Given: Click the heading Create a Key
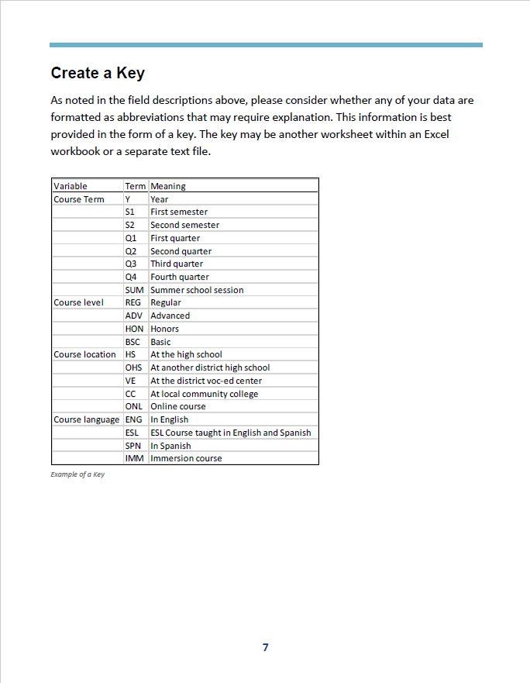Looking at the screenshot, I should (x=98, y=73).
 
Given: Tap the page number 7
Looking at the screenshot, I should (x=265, y=647).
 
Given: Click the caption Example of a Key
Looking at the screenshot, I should (x=77, y=474).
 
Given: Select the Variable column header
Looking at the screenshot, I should (x=71, y=186).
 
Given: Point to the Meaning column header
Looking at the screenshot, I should (x=168, y=186).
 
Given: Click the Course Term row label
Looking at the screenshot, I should (x=79, y=199).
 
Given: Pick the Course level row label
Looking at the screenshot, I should (x=79, y=302).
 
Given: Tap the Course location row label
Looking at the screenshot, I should (x=84, y=354).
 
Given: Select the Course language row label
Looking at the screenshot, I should (x=86, y=419).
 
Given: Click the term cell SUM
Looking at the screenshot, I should (x=134, y=290).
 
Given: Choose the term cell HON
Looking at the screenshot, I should (x=134, y=329).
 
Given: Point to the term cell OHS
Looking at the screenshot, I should (x=133, y=367).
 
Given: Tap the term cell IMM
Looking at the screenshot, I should (x=134, y=458).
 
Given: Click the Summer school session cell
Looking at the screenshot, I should (x=197, y=290).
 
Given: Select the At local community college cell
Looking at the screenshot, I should (x=205, y=394).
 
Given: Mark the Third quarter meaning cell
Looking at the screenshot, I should (x=177, y=264).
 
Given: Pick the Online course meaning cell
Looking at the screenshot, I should (x=178, y=406).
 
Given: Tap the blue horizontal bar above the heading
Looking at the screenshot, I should (x=266, y=45).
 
